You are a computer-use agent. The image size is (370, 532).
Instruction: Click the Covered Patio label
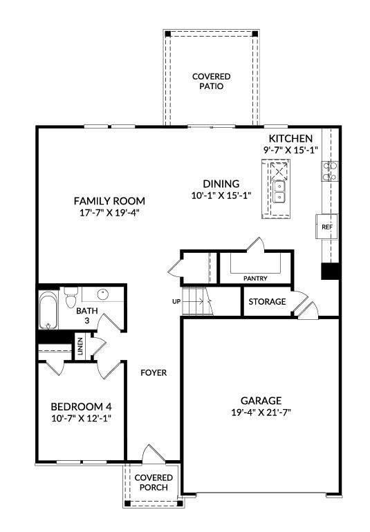[212, 82]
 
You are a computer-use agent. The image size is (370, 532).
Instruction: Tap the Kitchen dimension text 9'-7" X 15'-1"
[291, 150]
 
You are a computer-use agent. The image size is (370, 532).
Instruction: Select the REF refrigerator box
[327, 227]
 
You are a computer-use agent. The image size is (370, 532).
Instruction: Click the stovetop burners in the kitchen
[330, 171]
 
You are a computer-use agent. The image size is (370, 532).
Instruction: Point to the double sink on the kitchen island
[279, 191]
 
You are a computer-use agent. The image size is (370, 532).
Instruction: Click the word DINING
[221, 184]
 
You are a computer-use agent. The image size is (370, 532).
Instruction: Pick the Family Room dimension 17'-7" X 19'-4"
[109, 213]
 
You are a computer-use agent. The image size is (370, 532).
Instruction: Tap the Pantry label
[255, 278]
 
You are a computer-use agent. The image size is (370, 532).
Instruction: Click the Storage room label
[267, 302]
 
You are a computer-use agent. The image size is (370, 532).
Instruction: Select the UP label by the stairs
[176, 301]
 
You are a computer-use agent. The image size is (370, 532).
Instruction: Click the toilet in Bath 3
[71, 298]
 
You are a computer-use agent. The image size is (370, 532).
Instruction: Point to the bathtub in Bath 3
[48, 310]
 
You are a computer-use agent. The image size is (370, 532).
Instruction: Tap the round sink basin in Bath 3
[103, 294]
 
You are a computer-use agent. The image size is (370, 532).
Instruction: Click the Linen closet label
[80, 346]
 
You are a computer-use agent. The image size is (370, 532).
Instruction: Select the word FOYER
[154, 373]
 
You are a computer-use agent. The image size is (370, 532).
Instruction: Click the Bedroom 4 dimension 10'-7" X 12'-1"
[82, 418]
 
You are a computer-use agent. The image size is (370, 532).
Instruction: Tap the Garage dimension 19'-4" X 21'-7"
[261, 412]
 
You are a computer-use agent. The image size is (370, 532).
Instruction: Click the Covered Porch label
[154, 482]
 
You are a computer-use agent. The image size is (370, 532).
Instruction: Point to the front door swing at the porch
[154, 454]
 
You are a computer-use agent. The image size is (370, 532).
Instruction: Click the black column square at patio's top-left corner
[168, 34]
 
